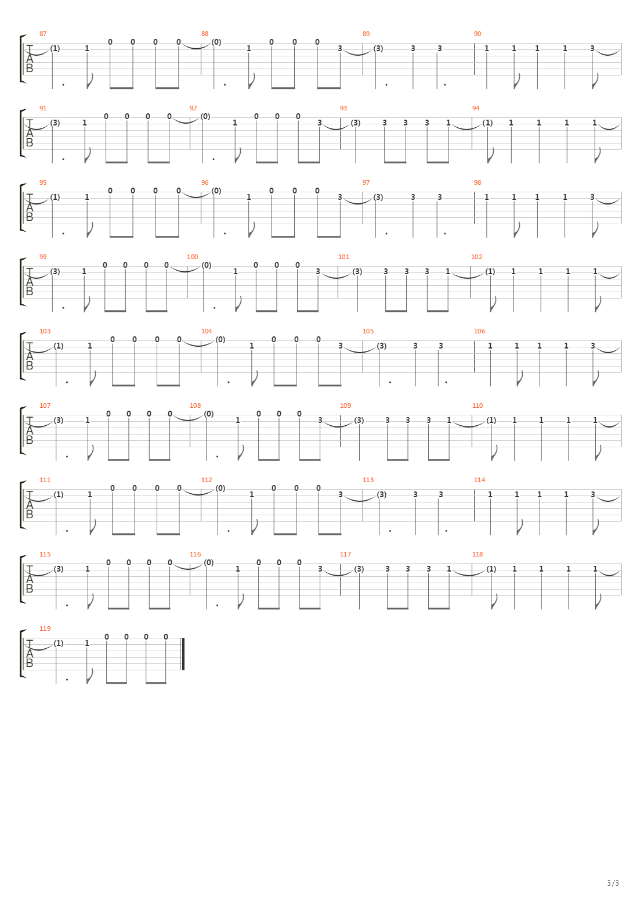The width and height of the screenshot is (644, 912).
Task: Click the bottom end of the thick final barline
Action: click(x=183, y=669)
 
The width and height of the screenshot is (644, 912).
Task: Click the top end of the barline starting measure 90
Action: click(x=474, y=43)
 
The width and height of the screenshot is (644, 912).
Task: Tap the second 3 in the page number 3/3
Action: click(x=617, y=883)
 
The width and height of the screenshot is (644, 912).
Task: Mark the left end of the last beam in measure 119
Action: click(x=146, y=683)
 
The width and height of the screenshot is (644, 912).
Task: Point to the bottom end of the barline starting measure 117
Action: click(x=341, y=595)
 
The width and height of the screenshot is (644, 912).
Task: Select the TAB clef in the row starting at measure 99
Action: click(x=30, y=281)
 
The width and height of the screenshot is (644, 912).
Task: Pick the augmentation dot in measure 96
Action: click(x=225, y=234)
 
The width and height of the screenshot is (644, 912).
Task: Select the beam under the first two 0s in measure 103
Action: click(x=124, y=385)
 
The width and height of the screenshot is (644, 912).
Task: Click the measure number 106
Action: click(x=479, y=332)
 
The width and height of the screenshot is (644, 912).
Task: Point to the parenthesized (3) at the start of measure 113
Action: click(x=381, y=494)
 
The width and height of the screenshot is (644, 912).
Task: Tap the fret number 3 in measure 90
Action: click(x=592, y=48)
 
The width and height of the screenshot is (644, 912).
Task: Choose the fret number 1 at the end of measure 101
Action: click(x=448, y=271)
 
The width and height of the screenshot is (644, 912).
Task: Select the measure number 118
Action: click(x=477, y=555)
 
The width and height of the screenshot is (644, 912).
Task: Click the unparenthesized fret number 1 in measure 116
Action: click(x=238, y=569)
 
